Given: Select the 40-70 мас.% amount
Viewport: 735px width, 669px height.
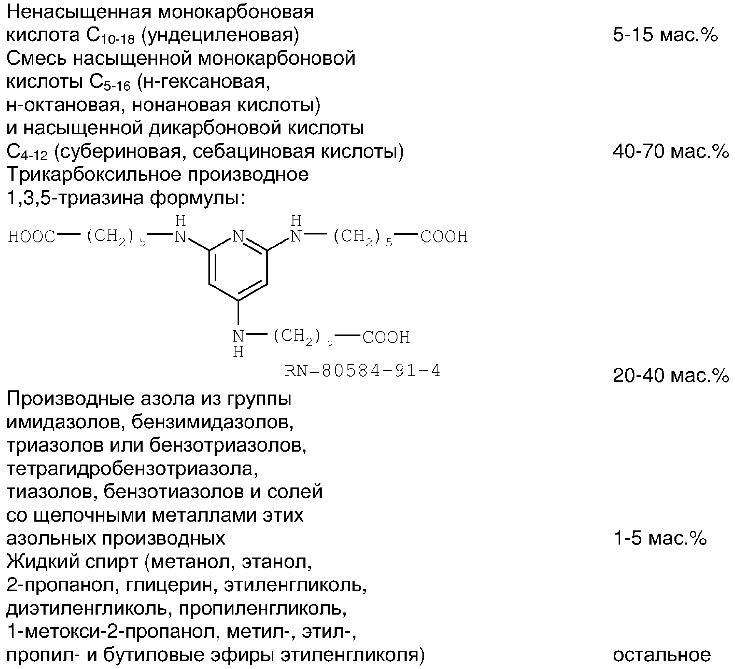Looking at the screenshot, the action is (x=671, y=152).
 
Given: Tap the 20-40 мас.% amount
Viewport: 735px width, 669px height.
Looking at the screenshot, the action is (x=671, y=375).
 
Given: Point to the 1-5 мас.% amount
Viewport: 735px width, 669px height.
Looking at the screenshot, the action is (x=660, y=538).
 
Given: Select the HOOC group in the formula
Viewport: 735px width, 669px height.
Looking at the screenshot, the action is (x=31, y=237).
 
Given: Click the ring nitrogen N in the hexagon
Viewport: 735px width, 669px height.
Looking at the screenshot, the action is (x=238, y=237).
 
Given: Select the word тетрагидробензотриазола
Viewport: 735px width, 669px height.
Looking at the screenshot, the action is (x=132, y=469).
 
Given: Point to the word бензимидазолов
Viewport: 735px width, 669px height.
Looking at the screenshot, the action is (x=213, y=422).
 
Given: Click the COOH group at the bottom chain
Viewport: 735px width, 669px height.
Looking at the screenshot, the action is (x=386, y=338).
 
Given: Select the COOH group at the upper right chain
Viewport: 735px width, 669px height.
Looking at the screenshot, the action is (x=444, y=237).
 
